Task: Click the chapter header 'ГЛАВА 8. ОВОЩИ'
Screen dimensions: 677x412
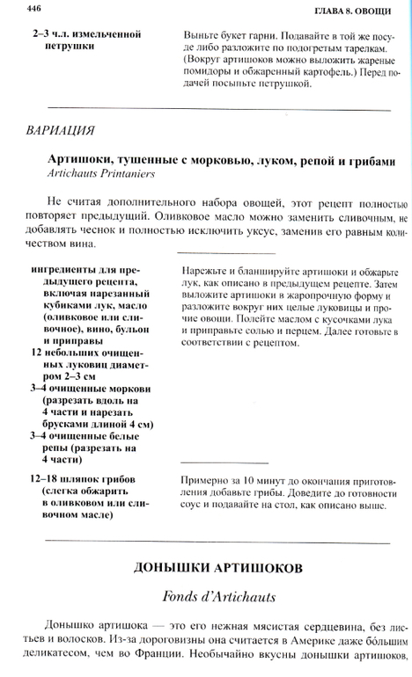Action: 355,11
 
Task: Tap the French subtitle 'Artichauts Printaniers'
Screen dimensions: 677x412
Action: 107,174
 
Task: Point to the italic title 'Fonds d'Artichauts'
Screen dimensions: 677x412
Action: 206,597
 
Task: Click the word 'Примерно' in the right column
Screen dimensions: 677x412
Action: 206,480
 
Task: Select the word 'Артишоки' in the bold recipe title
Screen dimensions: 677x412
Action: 84,159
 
